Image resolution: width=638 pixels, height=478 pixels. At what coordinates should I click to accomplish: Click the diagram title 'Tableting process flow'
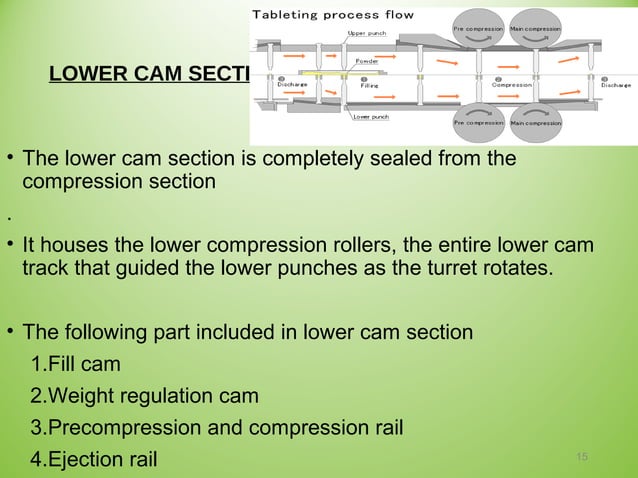(333, 15)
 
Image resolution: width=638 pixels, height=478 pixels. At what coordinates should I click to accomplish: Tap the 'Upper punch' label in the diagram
(366, 33)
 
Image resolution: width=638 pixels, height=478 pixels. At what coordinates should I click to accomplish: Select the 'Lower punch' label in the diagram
(371, 117)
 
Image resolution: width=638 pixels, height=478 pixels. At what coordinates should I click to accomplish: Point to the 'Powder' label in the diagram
(367, 61)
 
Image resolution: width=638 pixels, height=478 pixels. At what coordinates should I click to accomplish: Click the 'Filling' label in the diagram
(369, 85)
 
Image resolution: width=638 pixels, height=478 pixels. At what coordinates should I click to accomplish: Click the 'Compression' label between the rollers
(511, 85)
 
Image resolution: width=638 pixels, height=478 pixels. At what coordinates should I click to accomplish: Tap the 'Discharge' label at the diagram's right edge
(615, 85)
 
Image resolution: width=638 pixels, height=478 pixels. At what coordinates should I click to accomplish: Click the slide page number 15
(583, 457)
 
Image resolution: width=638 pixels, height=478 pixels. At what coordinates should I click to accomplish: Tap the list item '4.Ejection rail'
(93, 460)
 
